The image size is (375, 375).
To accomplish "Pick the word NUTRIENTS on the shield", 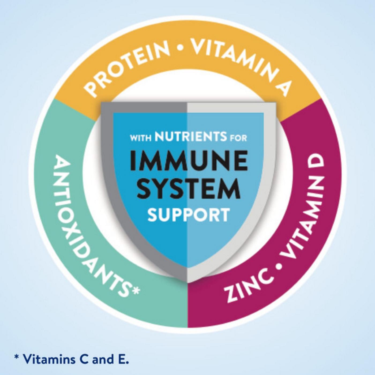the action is [191, 138].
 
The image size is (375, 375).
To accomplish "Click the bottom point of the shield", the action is [187, 283].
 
